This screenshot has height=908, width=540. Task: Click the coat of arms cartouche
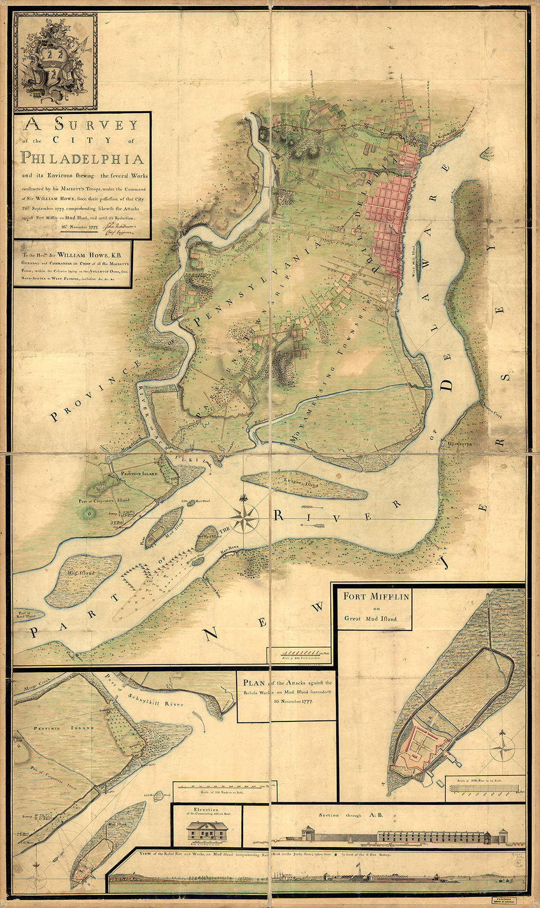(54, 61)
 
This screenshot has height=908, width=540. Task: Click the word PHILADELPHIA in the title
(82, 159)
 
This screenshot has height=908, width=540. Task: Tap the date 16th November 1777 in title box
(80, 227)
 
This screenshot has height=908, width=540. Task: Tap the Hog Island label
(84, 573)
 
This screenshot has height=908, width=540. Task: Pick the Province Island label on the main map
(140, 473)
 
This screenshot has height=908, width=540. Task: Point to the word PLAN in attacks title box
(254, 683)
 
